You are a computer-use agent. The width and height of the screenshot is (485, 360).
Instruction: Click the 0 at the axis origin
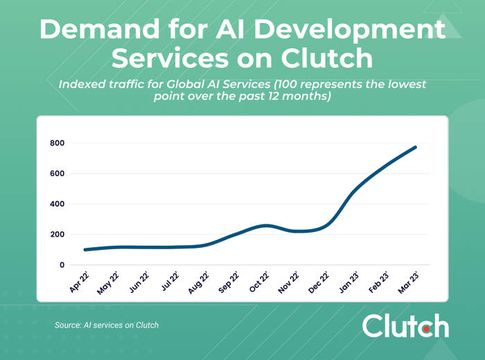click(x=61, y=265)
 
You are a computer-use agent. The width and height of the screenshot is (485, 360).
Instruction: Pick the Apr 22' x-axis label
click(x=80, y=283)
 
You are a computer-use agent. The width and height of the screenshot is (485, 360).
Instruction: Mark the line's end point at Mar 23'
click(x=416, y=147)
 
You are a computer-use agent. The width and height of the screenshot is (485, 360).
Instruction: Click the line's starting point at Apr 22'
click(x=85, y=250)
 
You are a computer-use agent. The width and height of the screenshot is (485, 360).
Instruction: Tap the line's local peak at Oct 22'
click(x=266, y=226)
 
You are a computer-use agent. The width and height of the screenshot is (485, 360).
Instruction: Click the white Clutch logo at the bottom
click(x=405, y=325)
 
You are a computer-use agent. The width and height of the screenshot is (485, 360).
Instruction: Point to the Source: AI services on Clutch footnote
click(x=107, y=325)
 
